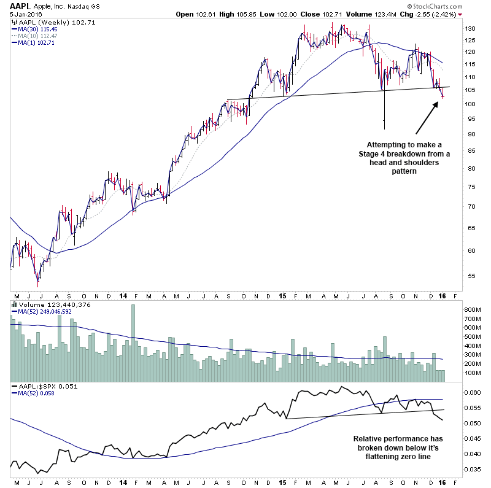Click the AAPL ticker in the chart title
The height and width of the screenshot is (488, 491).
point(16,6)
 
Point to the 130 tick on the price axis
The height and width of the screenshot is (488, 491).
point(470,29)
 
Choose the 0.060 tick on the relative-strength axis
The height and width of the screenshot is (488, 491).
point(473,392)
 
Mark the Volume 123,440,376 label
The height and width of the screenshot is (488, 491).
point(45,304)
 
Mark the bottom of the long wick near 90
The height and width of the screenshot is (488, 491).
point(384,129)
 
